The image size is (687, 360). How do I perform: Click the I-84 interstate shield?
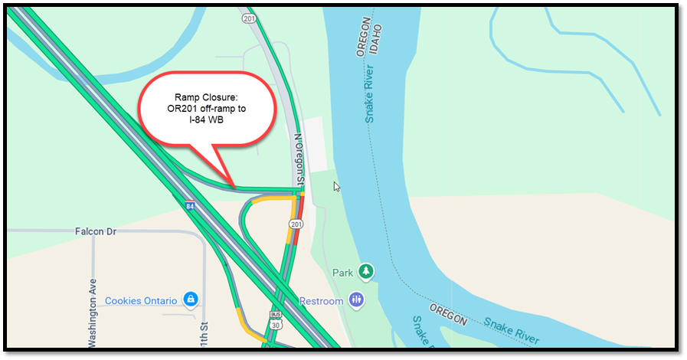(x=189, y=205)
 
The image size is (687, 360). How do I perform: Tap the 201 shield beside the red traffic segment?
(x=296, y=224)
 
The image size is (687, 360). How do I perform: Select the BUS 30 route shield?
(x=276, y=319)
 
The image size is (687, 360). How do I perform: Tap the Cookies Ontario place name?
(x=142, y=300)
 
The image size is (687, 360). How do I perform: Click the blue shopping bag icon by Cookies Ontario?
(x=191, y=299)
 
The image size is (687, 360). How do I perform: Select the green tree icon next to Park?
(x=367, y=272)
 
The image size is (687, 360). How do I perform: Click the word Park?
(x=343, y=273)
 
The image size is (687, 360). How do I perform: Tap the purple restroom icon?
(x=355, y=300)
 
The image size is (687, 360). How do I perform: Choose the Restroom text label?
(x=322, y=301)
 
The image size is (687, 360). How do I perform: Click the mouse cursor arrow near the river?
(x=336, y=186)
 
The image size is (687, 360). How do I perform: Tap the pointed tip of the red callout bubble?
(x=233, y=186)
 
